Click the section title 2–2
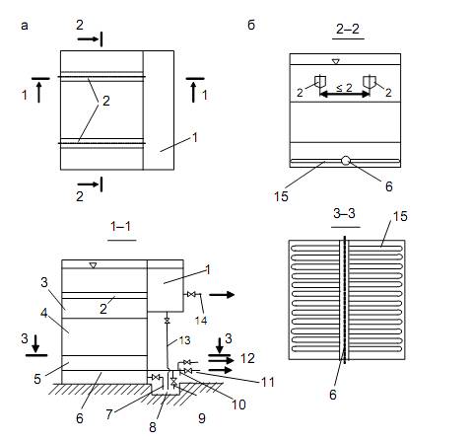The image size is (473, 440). pos(348,30)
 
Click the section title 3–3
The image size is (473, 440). pos(344,214)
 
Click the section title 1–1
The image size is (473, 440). pos(121,226)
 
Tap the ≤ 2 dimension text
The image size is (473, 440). pos(344,88)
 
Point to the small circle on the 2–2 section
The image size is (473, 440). pos(346,161)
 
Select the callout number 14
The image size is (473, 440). pos(201,321)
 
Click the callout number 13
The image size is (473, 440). pos(185,340)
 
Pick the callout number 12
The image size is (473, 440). pos(247,358)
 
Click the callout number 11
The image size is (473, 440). pos(267,382)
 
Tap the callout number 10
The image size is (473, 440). pos(238,404)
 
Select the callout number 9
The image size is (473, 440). pos(202,418)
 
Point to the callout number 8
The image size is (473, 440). pos(153,427)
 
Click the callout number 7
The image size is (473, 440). pos(109,414)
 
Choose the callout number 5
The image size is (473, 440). pos(37,379)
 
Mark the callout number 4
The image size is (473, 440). pos(44,314)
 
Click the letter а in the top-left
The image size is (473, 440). pos(25,26)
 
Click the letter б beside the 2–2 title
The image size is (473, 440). pos(251,25)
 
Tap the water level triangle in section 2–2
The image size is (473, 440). pos(335,61)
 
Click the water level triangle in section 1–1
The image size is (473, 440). pos(93,265)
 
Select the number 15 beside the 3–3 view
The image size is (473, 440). pos(400,216)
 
